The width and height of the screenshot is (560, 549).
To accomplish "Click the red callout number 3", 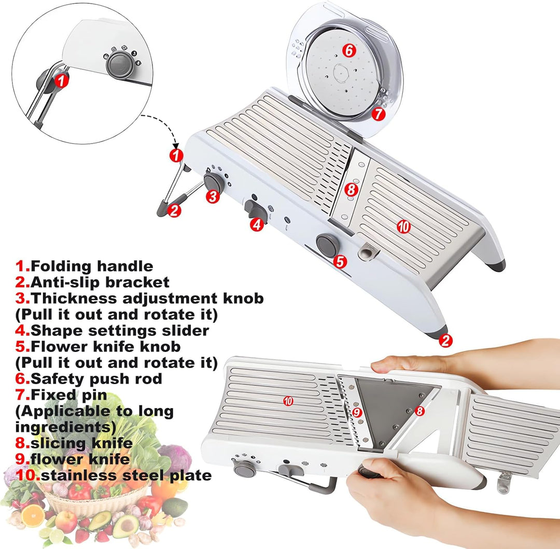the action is tap(213, 196).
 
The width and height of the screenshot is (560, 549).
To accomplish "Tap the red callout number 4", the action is tap(257, 224).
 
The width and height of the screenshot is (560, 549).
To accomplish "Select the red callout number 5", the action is tap(340, 261).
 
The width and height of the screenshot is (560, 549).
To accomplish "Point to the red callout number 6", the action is tap(349, 50).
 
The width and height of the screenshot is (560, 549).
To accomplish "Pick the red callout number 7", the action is tap(379, 114).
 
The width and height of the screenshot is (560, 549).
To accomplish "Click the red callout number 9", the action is tap(357, 412).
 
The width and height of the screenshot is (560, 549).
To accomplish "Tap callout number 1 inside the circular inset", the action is tap(61, 80).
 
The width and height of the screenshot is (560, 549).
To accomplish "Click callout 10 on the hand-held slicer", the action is tap(288, 401).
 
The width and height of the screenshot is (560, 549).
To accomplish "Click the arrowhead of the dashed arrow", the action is tap(176, 145).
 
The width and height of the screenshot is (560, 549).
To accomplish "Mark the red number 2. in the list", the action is tap(22, 283).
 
